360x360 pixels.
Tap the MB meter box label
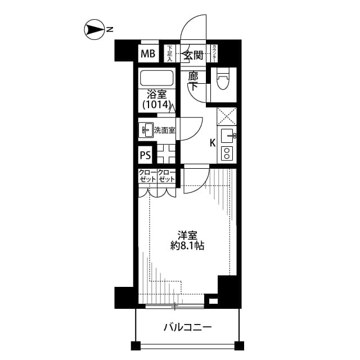pyautogui.click(x=148, y=54)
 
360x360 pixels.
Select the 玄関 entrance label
pyautogui.click(x=194, y=55)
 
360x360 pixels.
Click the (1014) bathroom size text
pyautogui.click(x=155, y=104)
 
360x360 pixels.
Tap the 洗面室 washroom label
pyautogui.click(x=164, y=130)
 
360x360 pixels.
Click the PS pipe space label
pyautogui.click(x=145, y=155)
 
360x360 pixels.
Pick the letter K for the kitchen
pyautogui.click(x=213, y=143)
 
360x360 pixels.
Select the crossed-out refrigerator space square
pyautogui.click(x=227, y=117)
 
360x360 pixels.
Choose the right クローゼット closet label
pyautogui.click(x=166, y=176)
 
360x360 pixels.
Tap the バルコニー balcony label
pyautogui.click(x=188, y=327)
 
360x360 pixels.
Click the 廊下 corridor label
pyautogui.click(x=193, y=82)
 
